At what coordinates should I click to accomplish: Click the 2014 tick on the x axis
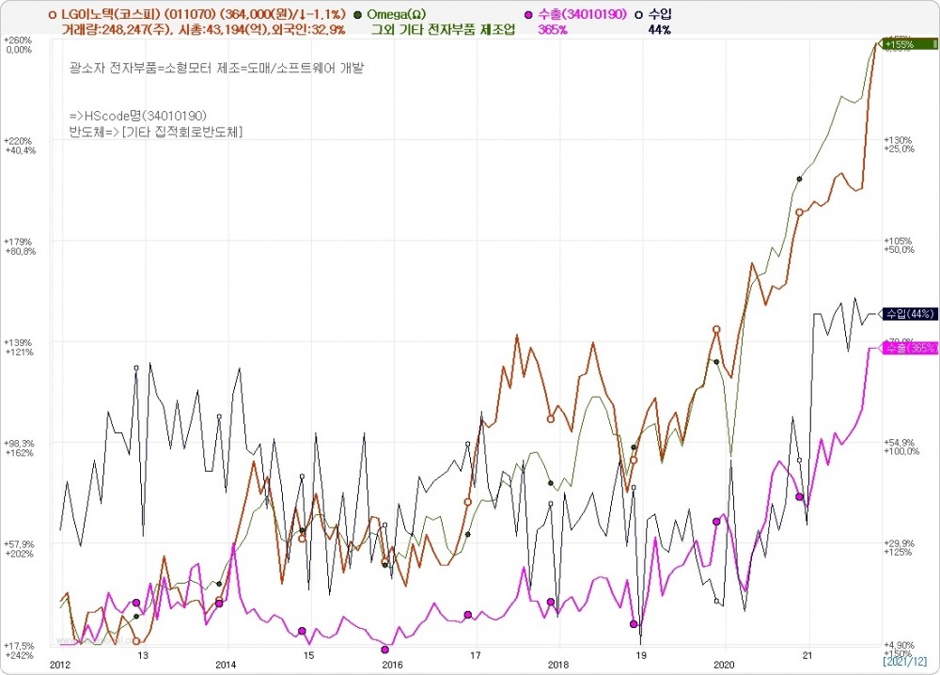click(x=226, y=663)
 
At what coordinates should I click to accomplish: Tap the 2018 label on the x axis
click(x=558, y=663)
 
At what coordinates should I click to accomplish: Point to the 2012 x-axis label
click(x=60, y=663)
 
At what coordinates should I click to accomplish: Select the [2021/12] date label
click(x=905, y=662)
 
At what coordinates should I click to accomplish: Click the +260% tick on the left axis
click(x=18, y=40)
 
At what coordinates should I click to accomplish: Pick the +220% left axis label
click(x=18, y=140)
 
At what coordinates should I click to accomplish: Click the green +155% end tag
click(x=907, y=43)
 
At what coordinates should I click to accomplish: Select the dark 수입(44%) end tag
click(x=906, y=314)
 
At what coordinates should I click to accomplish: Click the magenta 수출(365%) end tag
click(x=908, y=348)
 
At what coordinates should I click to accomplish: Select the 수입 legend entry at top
click(x=659, y=14)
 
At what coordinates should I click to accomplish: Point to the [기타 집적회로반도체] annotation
click(x=181, y=132)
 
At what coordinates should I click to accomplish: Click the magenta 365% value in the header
click(x=552, y=29)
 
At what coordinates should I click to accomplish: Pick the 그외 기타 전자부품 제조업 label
click(x=443, y=29)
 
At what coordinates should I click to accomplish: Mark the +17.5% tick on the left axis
click(x=18, y=645)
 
